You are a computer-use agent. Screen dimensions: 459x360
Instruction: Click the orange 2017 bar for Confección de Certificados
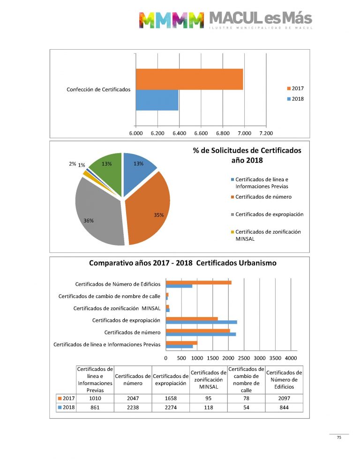[x=189, y=79]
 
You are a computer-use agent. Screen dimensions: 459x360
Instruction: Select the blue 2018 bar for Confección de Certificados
[x=157, y=100]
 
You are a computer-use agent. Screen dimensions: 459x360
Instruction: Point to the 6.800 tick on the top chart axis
[x=223, y=133]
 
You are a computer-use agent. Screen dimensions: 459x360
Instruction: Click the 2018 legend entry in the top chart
[x=297, y=99]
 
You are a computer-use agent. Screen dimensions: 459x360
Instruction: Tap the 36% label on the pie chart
[x=89, y=220]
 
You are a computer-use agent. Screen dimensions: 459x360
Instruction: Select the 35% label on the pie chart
[x=158, y=215]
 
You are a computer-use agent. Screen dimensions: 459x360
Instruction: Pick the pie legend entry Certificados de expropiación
[x=269, y=214]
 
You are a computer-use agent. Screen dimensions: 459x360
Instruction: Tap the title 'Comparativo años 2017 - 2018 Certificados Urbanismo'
[x=183, y=263]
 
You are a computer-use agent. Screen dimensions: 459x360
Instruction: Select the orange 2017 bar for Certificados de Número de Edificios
[x=199, y=282]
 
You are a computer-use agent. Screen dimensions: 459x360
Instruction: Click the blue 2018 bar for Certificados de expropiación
[x=202, y=322]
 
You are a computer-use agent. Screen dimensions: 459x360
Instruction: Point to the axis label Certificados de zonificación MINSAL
[x=117, y=308]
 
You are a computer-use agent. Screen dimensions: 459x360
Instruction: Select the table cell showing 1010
[x=95, y=398]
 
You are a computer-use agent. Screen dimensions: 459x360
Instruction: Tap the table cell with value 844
[x=284, y=407]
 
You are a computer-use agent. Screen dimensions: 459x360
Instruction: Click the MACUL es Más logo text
[x=260, y=19]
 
